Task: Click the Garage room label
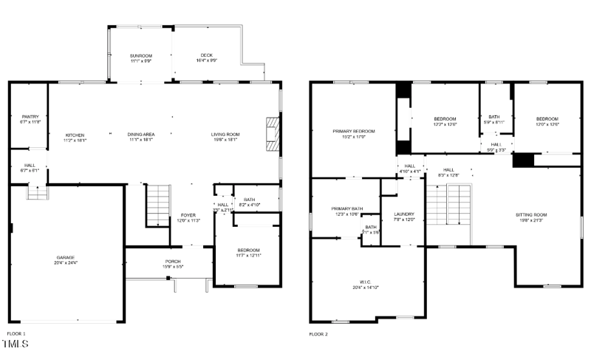(x=64, y=261)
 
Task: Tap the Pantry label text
(x=30, y=118)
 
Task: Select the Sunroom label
(x=140, y=58)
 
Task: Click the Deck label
(x=207, y=58)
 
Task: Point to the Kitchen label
(x=75, y=137)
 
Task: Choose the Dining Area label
(x=140, y=137)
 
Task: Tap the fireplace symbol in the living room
(x=273, y=134)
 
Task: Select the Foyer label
(x=188, y=217)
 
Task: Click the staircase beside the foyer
(x=158, y=205)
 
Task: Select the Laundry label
(x=404, y=217)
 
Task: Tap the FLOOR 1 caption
(x=16, y=333)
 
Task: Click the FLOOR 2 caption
(x=318, y=333)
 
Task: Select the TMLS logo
(x=16, y=345)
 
